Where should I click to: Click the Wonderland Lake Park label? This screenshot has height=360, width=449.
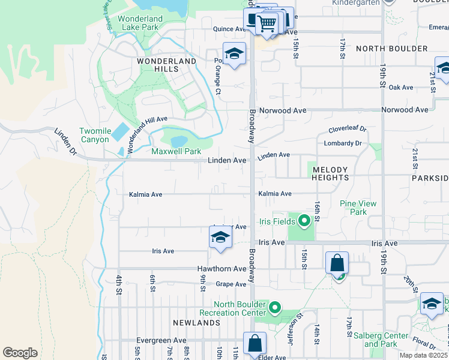(x=140, y=23)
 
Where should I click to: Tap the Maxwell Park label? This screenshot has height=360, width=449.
(x=176, y=152)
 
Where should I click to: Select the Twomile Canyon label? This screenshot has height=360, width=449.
(x=95, y=136)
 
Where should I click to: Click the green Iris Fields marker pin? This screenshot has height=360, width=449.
(x=304, y=221)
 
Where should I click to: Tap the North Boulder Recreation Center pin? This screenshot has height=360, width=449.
(x=275, y=308)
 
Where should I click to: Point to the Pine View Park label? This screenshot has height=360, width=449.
(x=358, y=208)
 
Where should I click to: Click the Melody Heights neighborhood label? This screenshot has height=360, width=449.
(x=330, y=174)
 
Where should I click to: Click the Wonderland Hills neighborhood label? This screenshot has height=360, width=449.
(x=166, y=65)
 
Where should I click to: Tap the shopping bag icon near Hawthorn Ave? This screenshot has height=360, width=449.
(x=337, y=264)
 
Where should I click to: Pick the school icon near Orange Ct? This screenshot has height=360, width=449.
(x=234, y=54)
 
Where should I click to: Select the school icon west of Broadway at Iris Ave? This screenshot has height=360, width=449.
(x=220, y=237)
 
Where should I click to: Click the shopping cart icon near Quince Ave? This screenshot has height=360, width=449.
(x=267, y=24)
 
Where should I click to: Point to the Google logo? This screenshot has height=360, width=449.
(x=20, y=353)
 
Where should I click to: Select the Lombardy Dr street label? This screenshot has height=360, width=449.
(x=343, y=143)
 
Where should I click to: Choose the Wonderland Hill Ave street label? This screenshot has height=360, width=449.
(x=146, y=127)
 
